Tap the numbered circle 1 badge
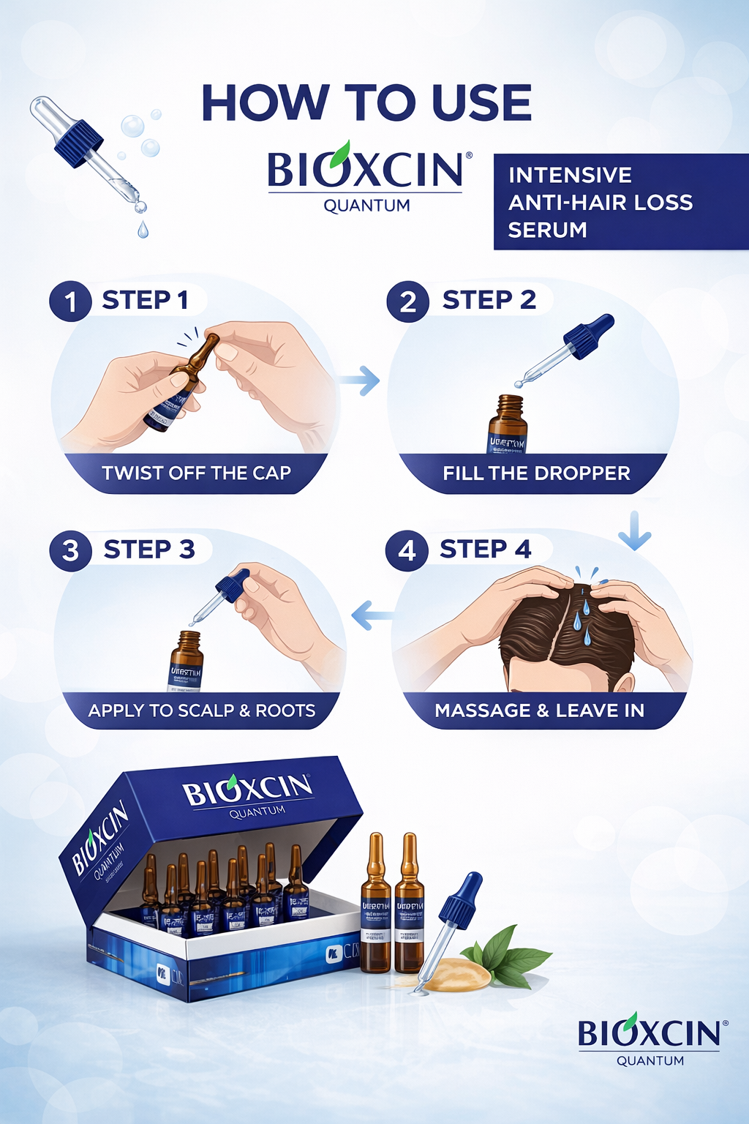[70, 301]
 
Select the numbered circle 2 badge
[407, 301]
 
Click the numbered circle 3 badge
[70, 550]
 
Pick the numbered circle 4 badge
[407, 550]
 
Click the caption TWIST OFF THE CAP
[196, 473]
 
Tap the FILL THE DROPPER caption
[536, 473]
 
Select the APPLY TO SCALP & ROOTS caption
[202, 711]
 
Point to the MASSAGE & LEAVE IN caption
[539, 711]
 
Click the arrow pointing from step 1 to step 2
[361, 381]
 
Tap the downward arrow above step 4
[634, 531]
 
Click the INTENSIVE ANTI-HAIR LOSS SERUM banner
[620, 202]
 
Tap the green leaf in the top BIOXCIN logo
[339, 154]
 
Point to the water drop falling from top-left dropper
[143, 231]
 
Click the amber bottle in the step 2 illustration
[508, 425]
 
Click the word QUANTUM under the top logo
[366, 206]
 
